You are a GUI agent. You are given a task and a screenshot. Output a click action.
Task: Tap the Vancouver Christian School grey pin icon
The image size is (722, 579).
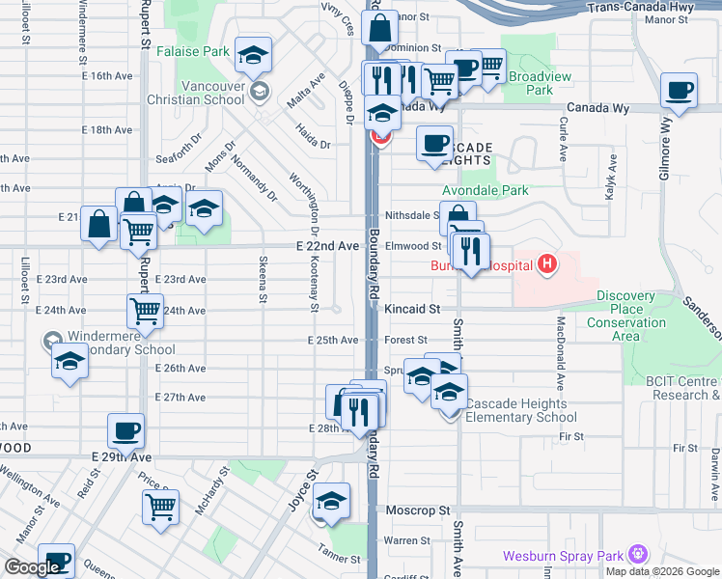(258, 92)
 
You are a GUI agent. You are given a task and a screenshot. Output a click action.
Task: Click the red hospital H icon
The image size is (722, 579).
(547, 263)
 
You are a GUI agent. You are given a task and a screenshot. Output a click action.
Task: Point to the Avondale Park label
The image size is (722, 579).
(485, 191)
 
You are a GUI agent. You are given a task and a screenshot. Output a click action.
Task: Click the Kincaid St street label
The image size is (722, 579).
(412, 309)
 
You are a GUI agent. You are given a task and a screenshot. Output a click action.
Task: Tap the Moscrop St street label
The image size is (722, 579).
(419, 509)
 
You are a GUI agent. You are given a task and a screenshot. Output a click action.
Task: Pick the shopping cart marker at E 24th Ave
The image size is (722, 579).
(145, 310)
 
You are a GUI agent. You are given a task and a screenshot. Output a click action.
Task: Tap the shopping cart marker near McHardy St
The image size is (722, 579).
(160, 505)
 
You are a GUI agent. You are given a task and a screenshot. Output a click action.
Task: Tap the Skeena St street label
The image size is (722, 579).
(263, 280)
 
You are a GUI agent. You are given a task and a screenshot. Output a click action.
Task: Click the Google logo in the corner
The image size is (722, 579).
(31, 567)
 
